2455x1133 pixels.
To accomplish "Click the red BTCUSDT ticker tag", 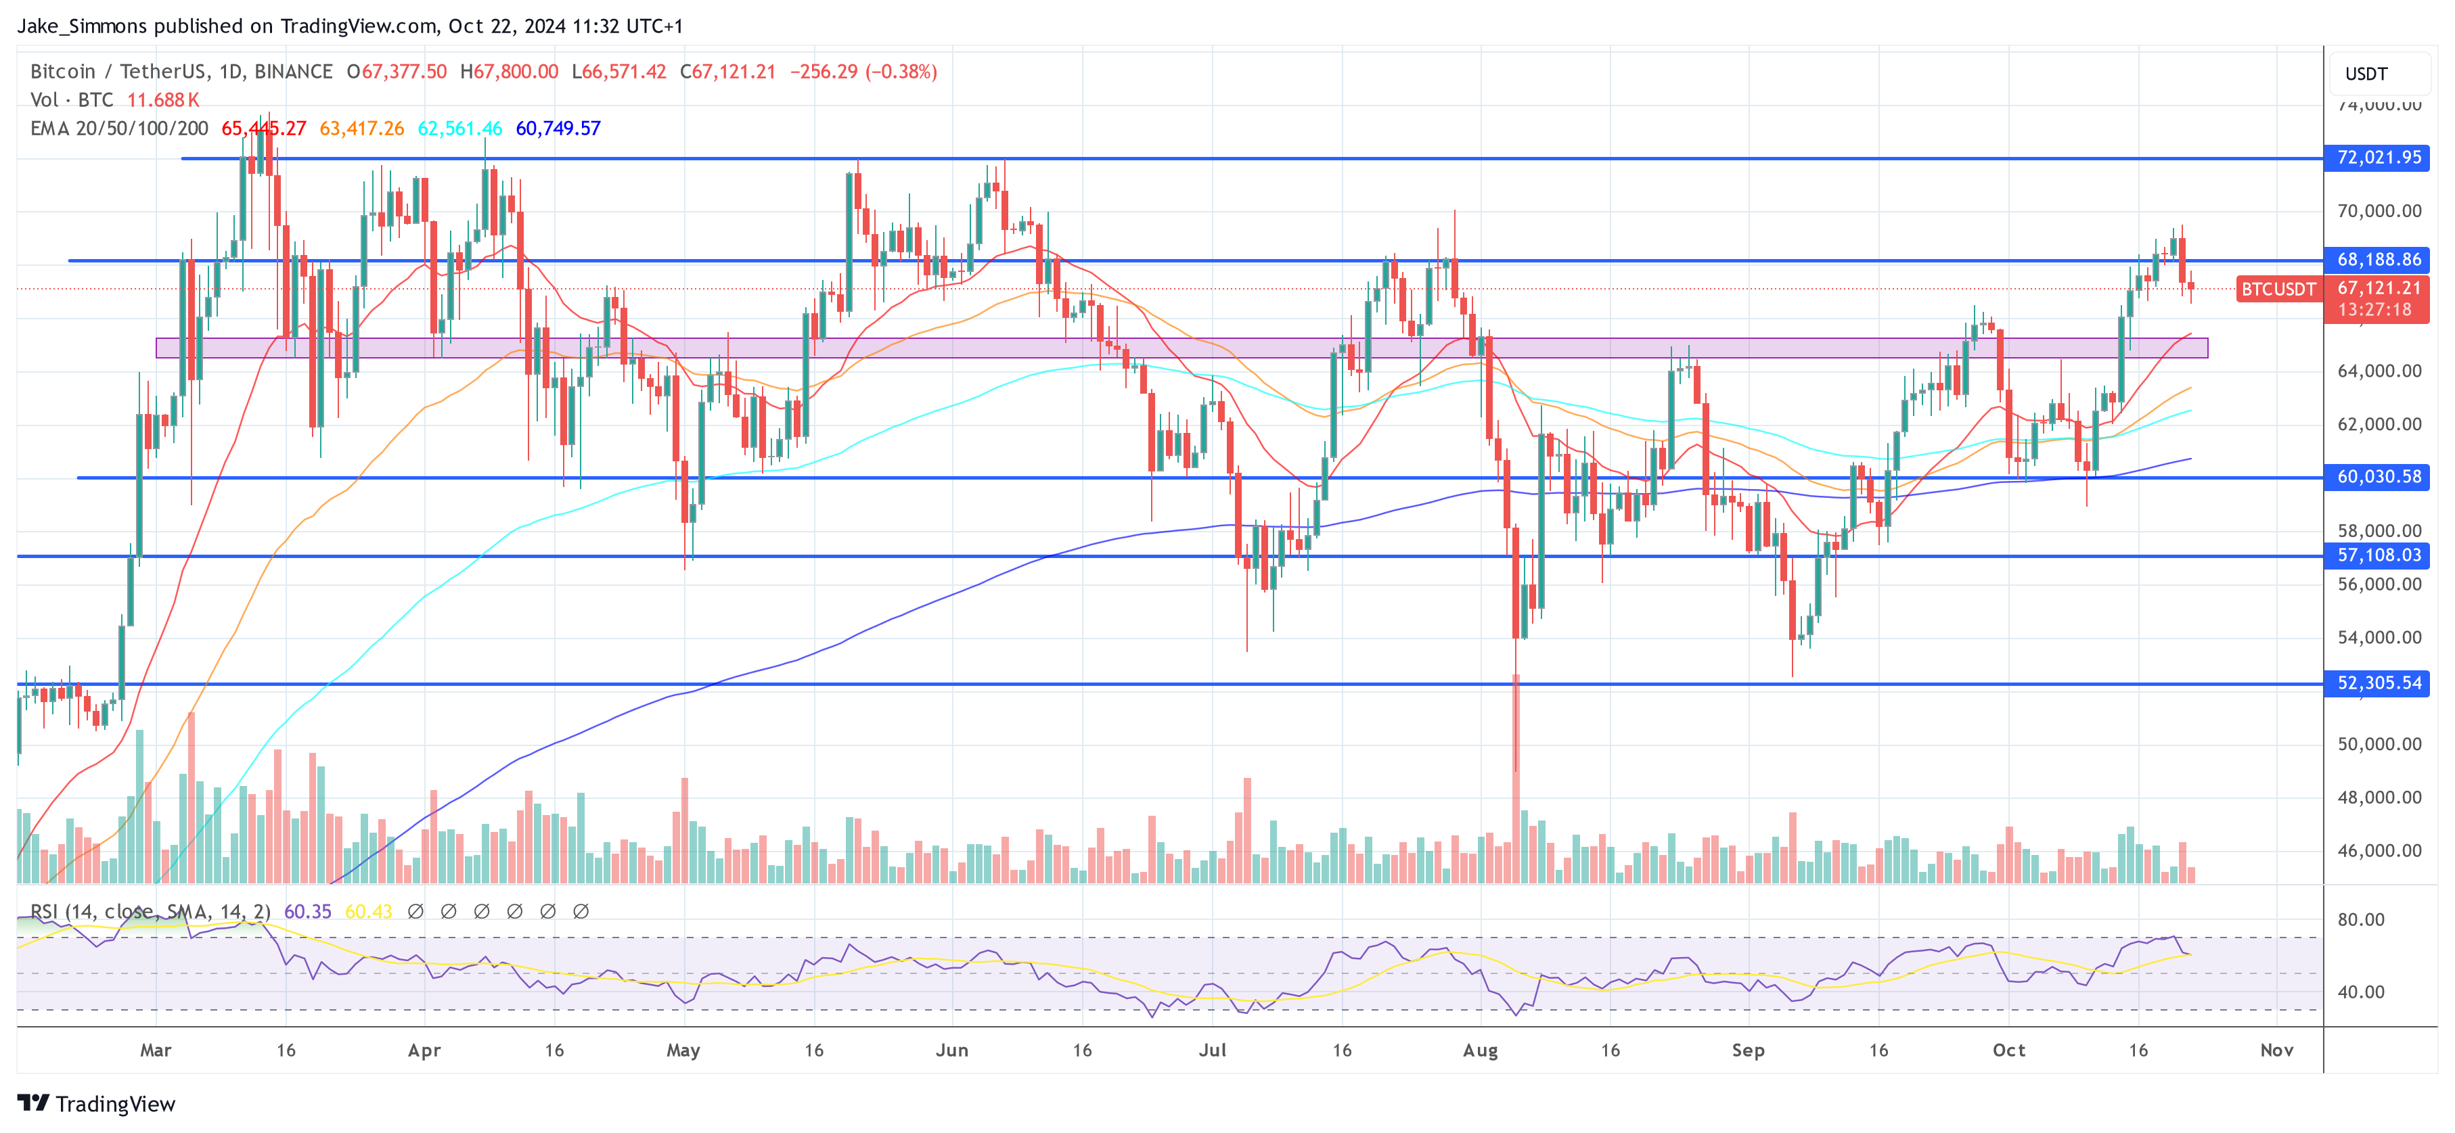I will click(2278, 289).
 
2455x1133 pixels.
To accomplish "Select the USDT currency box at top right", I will click(2366, 73).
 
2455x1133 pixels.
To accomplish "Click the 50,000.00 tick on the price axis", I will click(2379, 743).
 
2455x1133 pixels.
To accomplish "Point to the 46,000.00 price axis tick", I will click(2379, 850).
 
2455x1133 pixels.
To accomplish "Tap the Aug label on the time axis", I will click(1480, 1049).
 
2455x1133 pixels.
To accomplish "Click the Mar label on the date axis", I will click(156, 1049).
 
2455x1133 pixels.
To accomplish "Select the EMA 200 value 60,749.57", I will click(558, 128).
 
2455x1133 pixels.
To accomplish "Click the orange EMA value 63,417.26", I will click(361, 128).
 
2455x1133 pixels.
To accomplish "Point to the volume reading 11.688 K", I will click(163, 99).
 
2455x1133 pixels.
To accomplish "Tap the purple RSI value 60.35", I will click(308, 911).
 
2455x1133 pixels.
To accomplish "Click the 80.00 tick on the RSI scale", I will click(2361, 919).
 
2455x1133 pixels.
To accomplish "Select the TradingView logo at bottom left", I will click(96, 1103).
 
